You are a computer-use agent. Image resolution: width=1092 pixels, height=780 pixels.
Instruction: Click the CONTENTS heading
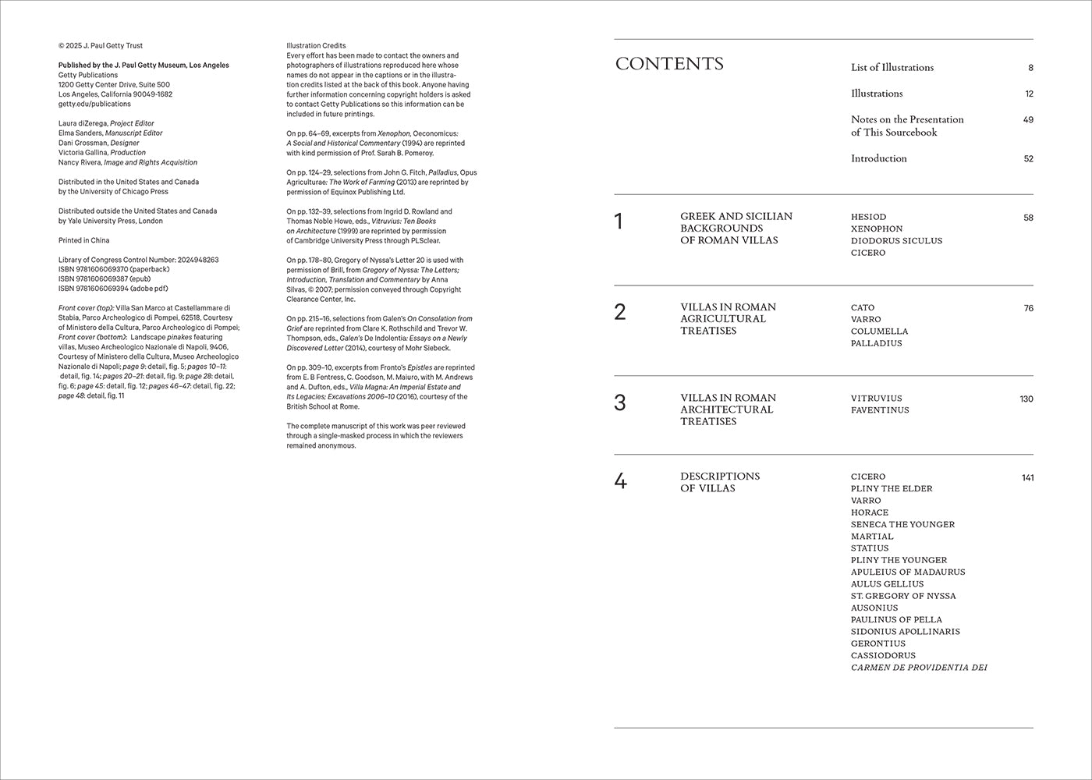pyautogui.click(x=669, y=64)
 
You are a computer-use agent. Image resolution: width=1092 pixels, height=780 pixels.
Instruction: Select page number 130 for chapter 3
pyautogui.click(x=1026, y=399)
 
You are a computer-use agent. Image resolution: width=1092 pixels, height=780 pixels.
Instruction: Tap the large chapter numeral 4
pyautogui.click(x=620, y=481)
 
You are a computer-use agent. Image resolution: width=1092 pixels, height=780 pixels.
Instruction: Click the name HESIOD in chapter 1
pyautogui.click(x=868, y=217)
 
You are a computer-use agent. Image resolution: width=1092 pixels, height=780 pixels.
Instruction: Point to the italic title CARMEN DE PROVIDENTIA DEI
pyautogui.click(x=919, y=668)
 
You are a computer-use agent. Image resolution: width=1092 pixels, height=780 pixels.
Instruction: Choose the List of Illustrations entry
pyautogui.click(x=892, y=68)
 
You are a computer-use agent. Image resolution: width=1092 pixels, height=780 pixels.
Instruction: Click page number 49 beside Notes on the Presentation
pyautogui.click(x=1028, y=119)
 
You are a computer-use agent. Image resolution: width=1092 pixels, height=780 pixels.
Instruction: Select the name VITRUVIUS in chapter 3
pyautogui.click(x=876, y=399)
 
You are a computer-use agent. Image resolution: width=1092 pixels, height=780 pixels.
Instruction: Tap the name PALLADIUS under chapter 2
pyautogui.click(x=876, y=343)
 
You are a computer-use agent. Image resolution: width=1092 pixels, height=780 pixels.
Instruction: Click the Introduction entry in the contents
pyautogui.click(x=879, y=158)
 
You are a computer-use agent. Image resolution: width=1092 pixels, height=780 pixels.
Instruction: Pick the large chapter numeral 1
pyautogui.click(x=619, y=222)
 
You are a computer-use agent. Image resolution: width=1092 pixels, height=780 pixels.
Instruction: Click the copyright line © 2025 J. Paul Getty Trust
pyautogui.click(x=101, y=46)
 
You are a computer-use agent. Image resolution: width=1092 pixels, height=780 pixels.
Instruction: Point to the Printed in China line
pyautogui.click(x=84, y=240)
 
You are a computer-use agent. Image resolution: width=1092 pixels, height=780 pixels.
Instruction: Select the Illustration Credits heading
pyautogui.click(x=316, y=46)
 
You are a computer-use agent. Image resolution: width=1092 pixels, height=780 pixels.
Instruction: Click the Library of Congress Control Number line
pyautogui.click(x=138, y=260)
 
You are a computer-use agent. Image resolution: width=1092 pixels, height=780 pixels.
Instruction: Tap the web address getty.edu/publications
pyautogui.click(x=94, y=104)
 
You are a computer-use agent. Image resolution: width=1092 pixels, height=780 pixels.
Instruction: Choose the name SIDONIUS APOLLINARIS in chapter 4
pyautogui.click(x=905, y=632)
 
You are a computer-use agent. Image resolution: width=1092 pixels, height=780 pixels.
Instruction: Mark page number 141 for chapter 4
pyautogui.click(x=1027, y=477)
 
